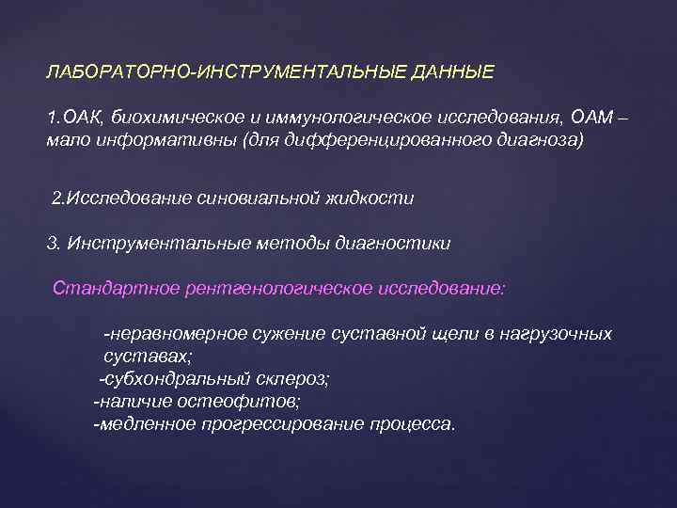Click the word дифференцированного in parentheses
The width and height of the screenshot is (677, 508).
tap(372, 140)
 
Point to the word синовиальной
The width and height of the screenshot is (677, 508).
tap(255, 198)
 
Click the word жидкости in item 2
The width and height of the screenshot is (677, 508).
tap(373, 198)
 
